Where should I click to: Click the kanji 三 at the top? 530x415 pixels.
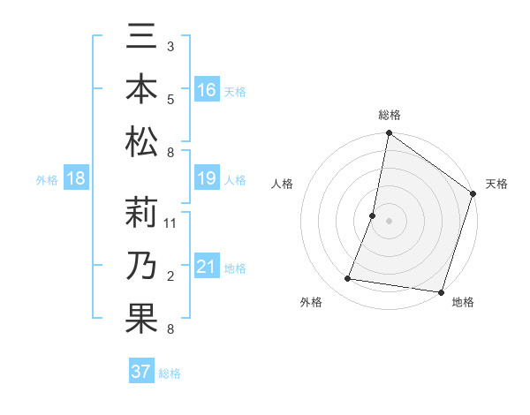pyautogui.click(x=141, y=40)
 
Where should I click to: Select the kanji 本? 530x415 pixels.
pyautogui.click(x=141, y=91)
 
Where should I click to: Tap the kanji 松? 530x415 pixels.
pyautogui.click(x=141, y=142)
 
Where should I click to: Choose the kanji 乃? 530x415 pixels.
pyautogui.click(x=141, y=265)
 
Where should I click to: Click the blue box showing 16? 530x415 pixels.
pyautogui.click(x=207, y=89)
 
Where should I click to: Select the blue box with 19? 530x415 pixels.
pyautogui.click(x=207, y=179)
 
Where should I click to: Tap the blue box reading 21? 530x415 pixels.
pyautogui.click(x=207, y=267)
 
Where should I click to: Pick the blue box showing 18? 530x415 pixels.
pyautogui.click(x=76, y=179)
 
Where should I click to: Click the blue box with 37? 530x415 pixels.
pyautogui.click(x=141, y=372)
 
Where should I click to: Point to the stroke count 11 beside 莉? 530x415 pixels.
pyautogui.click(x=170, y=223)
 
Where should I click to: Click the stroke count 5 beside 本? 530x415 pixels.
pyautogui.click(x=170, y=99)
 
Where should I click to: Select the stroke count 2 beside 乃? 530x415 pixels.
pyautogui.click(x=170, y=276)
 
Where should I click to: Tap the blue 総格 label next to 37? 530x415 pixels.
pyautogui.click(x=170, y=373)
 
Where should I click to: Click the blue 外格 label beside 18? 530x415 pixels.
pyautogui.click(x=47, y=180)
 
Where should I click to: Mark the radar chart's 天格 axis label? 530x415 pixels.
pyautogui.click(x=496, y=184)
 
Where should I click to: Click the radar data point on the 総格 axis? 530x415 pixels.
pyautogui.click(x=389, y=134)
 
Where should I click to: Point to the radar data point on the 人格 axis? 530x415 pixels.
pyautogui.click(x=373, y=215)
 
